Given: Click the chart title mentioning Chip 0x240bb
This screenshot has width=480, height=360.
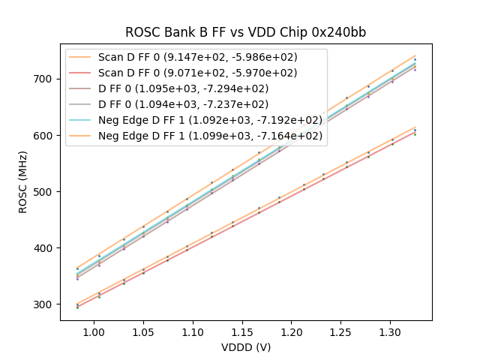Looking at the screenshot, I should tap(245, 32).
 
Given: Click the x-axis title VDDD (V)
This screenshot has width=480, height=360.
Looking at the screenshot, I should tap(245, 347).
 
